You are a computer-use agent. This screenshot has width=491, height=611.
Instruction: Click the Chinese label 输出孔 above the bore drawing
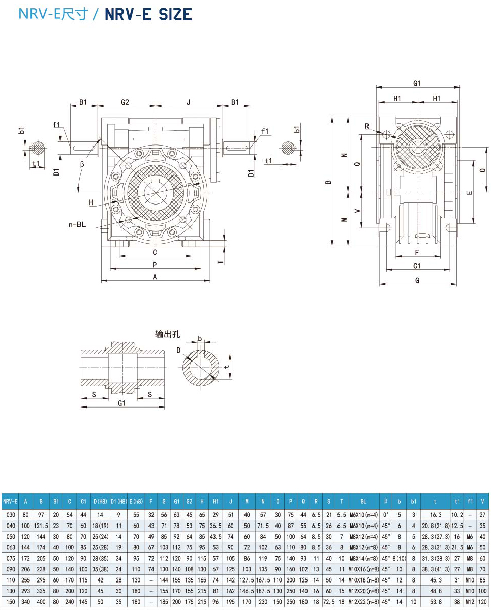[168, 334]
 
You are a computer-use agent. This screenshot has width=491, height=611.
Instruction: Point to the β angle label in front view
[81, 164]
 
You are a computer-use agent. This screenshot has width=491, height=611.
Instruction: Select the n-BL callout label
[77, 224]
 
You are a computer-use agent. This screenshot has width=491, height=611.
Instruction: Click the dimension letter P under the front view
[155, 264]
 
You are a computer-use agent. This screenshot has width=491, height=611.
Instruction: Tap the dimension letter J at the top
[188, 102]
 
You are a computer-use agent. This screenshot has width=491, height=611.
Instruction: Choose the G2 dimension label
[125, 102]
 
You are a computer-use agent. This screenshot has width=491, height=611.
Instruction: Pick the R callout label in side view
[367, 126]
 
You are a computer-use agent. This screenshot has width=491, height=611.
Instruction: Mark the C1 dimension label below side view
[417, 265]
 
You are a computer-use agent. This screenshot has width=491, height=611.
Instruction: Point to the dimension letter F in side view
[417, 252]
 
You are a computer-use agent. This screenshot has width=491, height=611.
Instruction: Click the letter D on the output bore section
[179, 351]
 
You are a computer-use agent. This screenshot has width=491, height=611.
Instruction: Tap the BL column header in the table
[363, 501]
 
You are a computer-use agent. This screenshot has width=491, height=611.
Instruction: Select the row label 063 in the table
[10, 547]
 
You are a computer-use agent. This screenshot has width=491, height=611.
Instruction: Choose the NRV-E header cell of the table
[10, 501]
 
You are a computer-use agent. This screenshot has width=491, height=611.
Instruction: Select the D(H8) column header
[101, 501]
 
